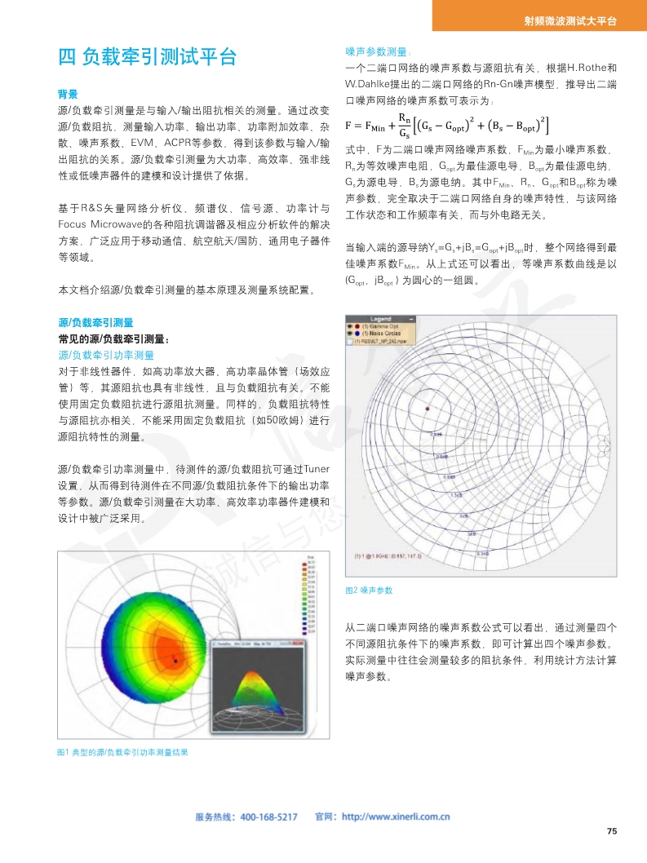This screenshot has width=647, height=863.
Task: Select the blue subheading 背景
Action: click(x=68, y=93)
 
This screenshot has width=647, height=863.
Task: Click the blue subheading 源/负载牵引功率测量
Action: click(x=106, y=355)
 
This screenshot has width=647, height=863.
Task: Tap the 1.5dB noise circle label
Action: click(x=456, y=494)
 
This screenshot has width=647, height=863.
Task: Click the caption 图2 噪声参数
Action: click(x=370, y=589)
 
